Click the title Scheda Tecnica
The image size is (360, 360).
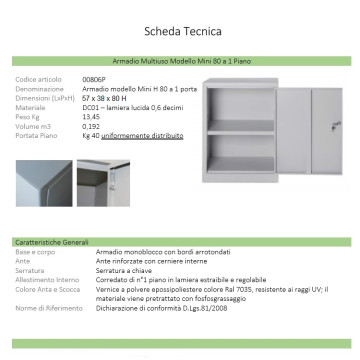(x=180, y=29)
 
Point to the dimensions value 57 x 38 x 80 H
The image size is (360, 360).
(x=107, y=97)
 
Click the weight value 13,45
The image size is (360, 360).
(x=92, y=115)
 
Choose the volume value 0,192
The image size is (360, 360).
(x=91, y=124)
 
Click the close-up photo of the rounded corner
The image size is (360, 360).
(x=43, y=184)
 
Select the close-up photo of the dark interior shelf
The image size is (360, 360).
(x=104, y=184)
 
